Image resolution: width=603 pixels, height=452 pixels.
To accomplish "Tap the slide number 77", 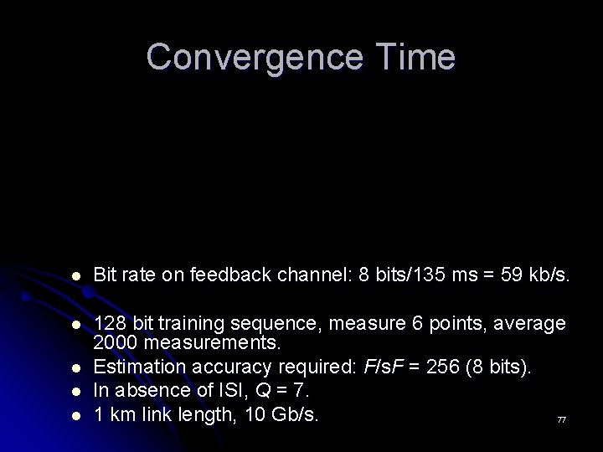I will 561,419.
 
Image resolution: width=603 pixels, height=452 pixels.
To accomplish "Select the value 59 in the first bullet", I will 512,275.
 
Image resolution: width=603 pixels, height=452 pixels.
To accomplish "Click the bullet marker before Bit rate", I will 76,275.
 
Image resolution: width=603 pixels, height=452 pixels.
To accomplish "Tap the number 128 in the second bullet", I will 109,323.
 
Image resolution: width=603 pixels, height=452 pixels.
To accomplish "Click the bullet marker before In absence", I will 76,391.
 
